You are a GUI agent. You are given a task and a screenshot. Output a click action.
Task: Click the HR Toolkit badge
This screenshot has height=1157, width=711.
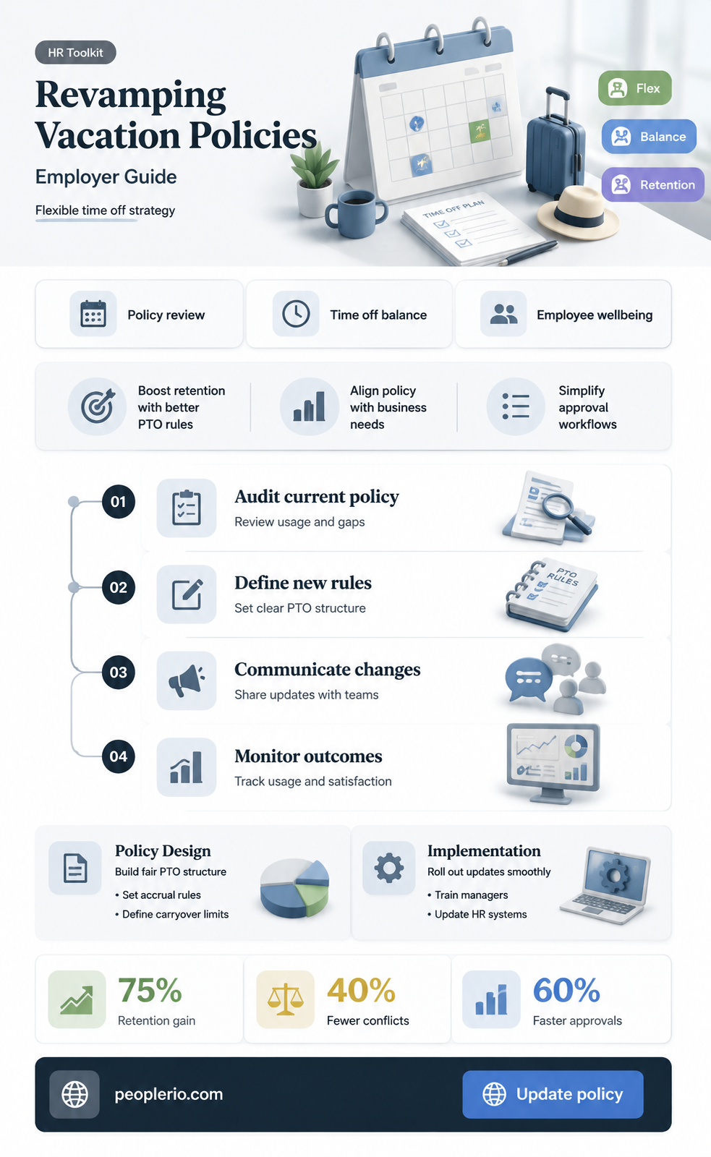[x=75, y=52]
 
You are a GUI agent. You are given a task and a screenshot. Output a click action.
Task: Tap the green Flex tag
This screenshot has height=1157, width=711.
[x=634, y=88]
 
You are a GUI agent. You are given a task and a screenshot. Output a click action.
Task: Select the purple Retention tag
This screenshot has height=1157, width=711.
[x=652, y=184]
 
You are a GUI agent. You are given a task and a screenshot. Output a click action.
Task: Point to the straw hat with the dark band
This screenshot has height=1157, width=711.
[x=578, y=213]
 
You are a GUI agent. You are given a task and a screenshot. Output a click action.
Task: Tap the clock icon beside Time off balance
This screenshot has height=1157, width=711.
[x=296, y=314]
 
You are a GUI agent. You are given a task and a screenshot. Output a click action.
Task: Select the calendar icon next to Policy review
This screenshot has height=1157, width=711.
[x=93, y=314]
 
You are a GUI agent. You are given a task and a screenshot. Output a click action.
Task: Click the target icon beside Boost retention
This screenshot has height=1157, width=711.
[x=97, y=406]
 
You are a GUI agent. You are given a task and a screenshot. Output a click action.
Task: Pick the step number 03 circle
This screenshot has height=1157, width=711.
[x=119, y=672]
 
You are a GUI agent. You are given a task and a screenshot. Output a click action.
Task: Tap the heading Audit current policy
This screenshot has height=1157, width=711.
[x=317, y=496]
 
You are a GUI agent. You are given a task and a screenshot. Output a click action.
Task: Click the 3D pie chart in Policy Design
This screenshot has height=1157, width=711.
[x=294, y=887]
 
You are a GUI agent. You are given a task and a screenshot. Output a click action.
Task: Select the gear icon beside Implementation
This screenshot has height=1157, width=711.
[x=388, y=868]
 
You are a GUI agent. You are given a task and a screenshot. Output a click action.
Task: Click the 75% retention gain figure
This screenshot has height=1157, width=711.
[x=150, y=990]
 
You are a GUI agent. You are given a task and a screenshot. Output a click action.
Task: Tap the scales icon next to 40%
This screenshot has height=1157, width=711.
[x=285, y=999]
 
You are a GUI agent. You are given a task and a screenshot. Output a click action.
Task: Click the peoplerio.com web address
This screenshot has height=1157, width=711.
[x=169, y=1094]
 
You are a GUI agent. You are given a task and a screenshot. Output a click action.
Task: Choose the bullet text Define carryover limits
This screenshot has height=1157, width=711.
[x=175, y=914]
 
